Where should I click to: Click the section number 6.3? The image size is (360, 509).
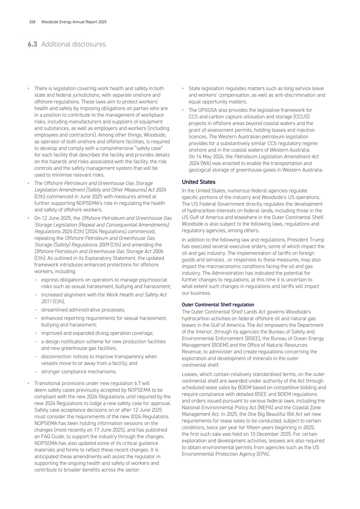(x=32, y=44)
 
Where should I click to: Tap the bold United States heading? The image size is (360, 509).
(x=198, y=182)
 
